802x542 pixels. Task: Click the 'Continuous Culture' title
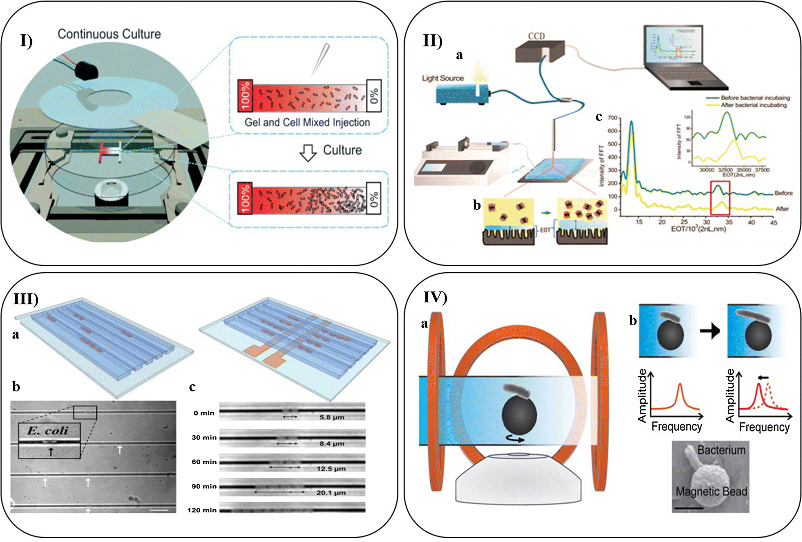coord(109,34)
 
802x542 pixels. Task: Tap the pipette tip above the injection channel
coord(318,62)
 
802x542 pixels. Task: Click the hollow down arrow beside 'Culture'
coord(308,152)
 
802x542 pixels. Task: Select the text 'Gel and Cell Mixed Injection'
coord(307,123)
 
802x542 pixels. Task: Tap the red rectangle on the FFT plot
coord(720,198)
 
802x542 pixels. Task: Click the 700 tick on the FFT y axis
coord(612,118)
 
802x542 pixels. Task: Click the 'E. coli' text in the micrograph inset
coord(48,430)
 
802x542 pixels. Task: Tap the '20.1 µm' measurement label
coord(331,493)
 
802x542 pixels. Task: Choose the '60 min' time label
coord(204,462)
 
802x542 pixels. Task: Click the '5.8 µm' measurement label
coord(332,417)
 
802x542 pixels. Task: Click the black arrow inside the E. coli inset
coord(50,451)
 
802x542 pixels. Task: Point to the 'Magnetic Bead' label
coord(711,491)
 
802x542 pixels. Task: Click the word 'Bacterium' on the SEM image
coord(721,450)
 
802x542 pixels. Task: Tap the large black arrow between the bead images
coord(710,331)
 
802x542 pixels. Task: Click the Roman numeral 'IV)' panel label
coord(435,297)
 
